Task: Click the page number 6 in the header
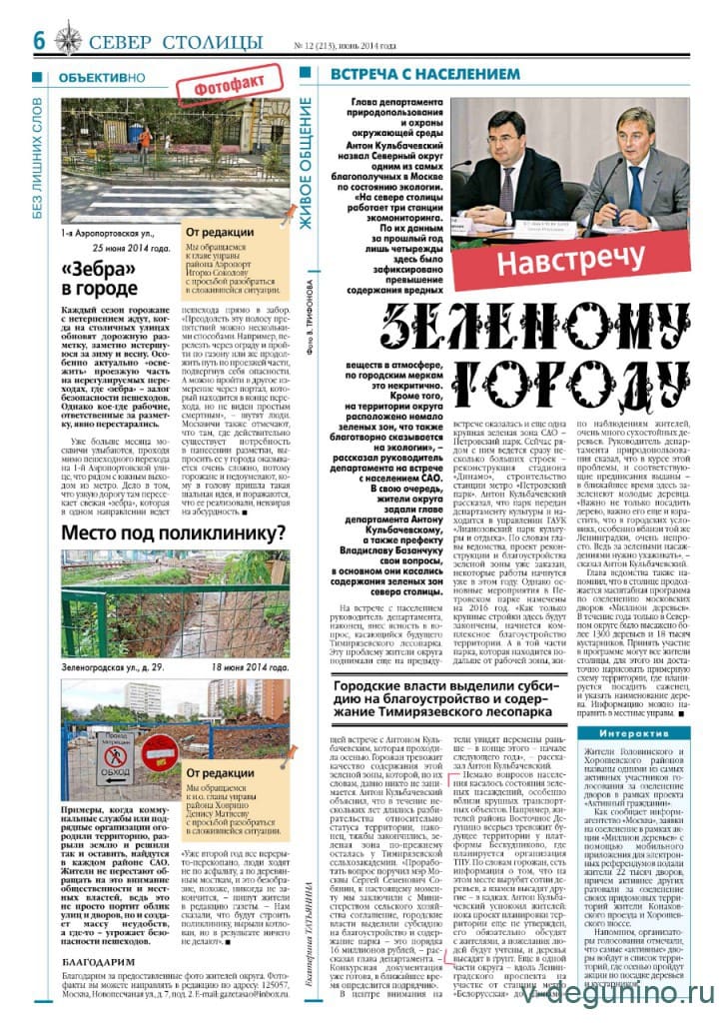click(x=41, y=39)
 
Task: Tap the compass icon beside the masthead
click(x=68, y=40)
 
